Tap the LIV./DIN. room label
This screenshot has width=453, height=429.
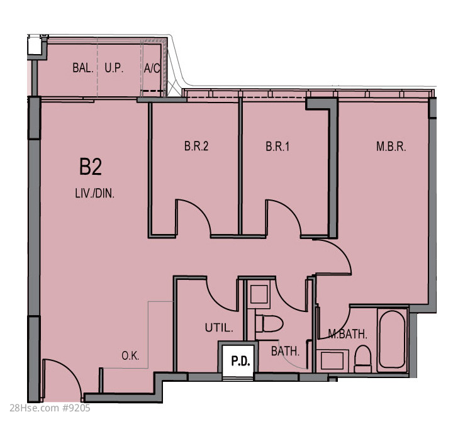[x=95, y=193]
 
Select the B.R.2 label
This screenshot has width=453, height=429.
[x=196, y=146]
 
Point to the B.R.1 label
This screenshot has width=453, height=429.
[x=277, y=147]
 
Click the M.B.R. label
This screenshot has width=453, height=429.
[x=391, y=147]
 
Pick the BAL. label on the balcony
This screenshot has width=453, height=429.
[x=83, y=68]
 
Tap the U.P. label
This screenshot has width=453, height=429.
[x=114, y=68]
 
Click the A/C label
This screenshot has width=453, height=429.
[x=152, y=68]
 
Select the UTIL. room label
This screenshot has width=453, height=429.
[x=219, y=328]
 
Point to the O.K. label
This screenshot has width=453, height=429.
[x=130, y=355]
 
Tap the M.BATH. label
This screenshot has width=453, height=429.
[x=347, y=334]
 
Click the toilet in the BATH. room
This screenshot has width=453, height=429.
[x=269, y=323]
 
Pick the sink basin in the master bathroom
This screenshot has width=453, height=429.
[x=332, y=360]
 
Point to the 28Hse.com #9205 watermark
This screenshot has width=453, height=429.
[x=50, y=408]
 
